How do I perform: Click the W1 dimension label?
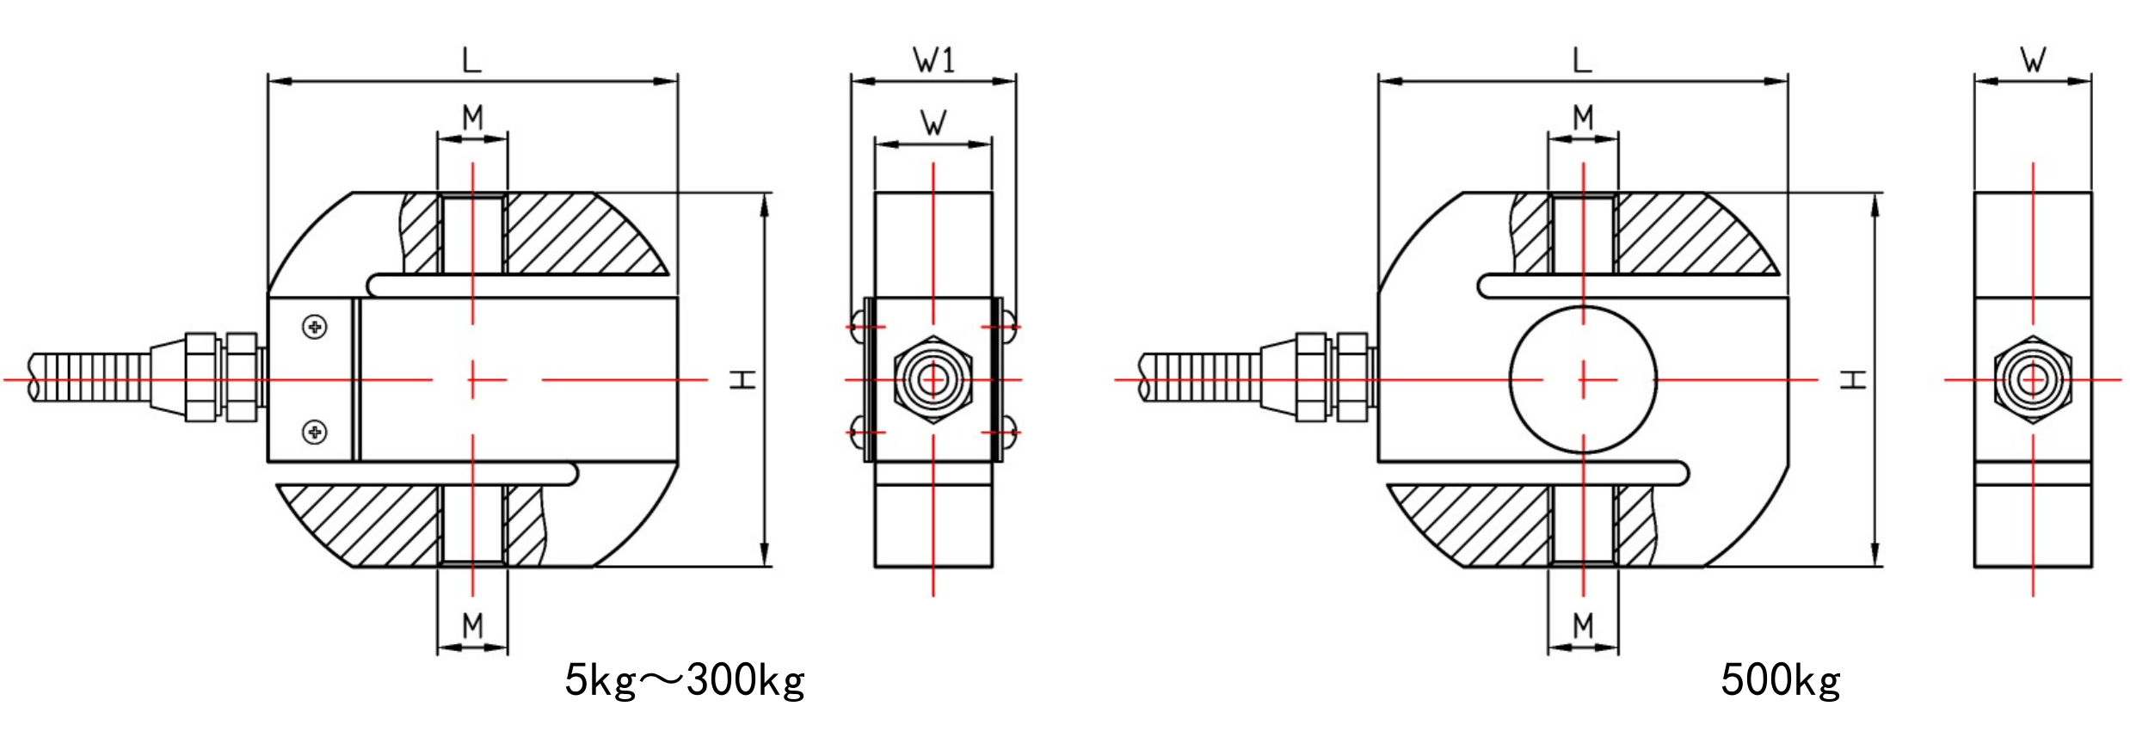point(933,60)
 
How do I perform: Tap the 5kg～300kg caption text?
point(684,681)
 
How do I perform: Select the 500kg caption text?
point(1780,681)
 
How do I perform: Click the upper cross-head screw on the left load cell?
point(316,327)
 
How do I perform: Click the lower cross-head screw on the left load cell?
point(316,432)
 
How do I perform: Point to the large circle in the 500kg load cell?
point(1583,379)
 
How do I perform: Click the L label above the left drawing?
point(471,60)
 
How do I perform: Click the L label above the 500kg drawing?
point(1582,60)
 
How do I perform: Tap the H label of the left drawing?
point(742,379)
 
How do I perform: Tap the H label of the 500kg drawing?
point(1852,379)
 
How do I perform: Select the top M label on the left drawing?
point(472,117)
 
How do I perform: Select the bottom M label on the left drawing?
point(472,626)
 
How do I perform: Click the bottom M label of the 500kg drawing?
point(1583,626)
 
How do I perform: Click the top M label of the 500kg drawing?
point(1583,117)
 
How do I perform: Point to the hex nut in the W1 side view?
point(933,379)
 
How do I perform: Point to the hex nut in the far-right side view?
point(2033,379)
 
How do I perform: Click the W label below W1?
point(933,123)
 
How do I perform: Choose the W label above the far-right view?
point(2033,60)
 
